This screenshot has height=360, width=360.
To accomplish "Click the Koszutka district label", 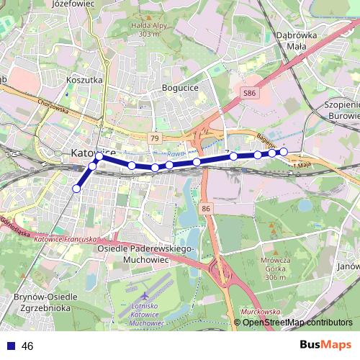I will (84, 81).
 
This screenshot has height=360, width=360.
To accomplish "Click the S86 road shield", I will (248, 94).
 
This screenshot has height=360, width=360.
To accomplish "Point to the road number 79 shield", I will (154, 138).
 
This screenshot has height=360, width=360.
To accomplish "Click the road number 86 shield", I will (207, 209).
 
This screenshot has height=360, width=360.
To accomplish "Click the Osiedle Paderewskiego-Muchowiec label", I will (145, 253).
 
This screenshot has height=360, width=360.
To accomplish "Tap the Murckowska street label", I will (261, 312).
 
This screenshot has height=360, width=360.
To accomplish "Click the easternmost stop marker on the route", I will (284, 151).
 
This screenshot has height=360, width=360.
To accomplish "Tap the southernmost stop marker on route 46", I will (76, 189).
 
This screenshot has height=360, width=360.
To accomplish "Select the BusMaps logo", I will (325, 345).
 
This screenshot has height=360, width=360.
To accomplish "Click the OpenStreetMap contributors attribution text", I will (297, 323).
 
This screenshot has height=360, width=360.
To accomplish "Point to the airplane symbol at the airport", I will (145, 296).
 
